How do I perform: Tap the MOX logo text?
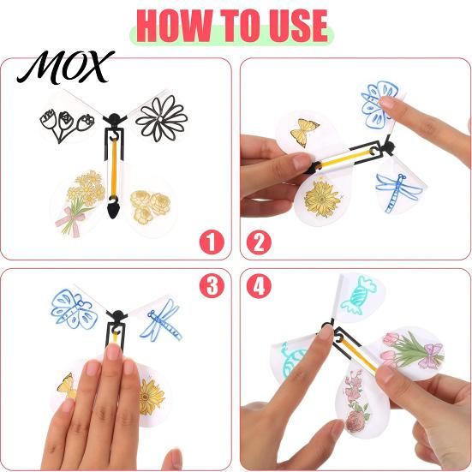coord(66,67)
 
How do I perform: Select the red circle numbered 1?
coord(212,242)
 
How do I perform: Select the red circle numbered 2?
coord(259,242)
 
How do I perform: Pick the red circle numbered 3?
coord(212,285)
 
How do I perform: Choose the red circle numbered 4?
coord(259,285)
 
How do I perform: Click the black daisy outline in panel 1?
coord(162,118)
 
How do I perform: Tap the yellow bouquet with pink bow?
coord(80,202)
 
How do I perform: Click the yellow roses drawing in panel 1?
coord(150,207)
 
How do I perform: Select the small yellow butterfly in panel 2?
coord(304,132)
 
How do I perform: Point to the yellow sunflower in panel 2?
coord(322,197)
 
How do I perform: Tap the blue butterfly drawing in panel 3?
coord(74,309)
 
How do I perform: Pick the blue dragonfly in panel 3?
coord(161,320)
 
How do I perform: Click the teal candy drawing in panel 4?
coord(358,296)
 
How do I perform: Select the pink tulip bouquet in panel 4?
coord(412,350)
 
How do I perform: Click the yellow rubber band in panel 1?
coord(114,169)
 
